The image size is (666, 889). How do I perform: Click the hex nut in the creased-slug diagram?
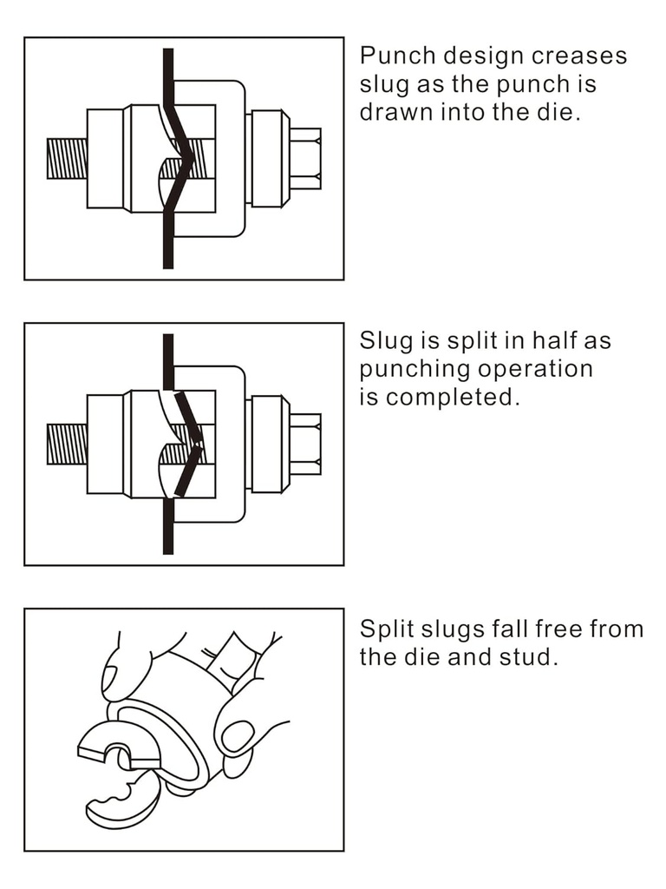click(305, 158)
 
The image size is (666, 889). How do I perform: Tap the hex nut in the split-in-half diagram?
click(305, 444)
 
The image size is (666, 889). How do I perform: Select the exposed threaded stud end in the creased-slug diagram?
click(67, 158)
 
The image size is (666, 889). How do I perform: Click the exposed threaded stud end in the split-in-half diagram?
click(67, 444)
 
